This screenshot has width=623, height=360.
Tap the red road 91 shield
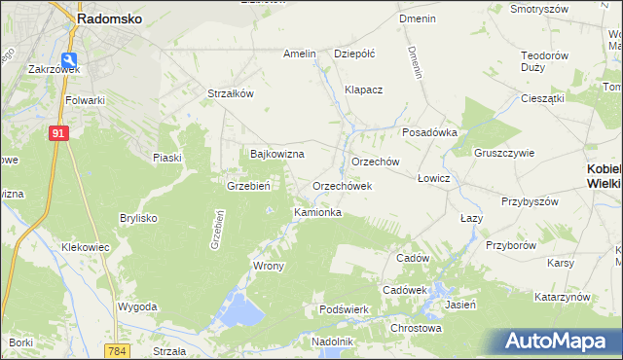[x=59, y=133]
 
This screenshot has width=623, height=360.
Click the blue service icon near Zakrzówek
[x=68, y=58]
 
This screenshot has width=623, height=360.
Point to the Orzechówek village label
[x=343, y=185]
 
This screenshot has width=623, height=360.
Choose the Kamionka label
[x=317, y=211]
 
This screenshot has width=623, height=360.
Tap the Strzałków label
[x=231, y=93]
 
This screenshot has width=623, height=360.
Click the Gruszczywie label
[x=504, y=153]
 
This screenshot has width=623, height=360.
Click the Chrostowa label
[x=416, y=328]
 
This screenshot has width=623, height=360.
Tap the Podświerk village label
[x=342, y=309]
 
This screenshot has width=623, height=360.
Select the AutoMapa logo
[x=560, y=341]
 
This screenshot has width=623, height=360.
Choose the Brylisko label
[x=138, y=218]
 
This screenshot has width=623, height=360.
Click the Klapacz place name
[x=364, y=90]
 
